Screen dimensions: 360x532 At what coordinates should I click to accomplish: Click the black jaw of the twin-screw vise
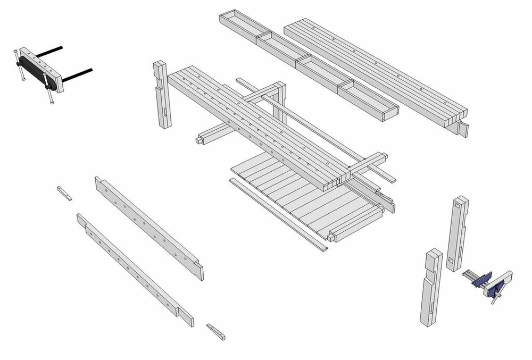pyautogui.click(x=36, y=73)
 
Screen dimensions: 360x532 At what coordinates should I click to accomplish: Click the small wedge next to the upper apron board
pyautogui.click(x=64, y=192)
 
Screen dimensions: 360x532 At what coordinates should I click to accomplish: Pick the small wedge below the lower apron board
pyautogui.click(x=216, y=331)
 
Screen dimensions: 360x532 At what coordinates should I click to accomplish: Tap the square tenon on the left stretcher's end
pyautogui.click(x=199, y=140)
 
